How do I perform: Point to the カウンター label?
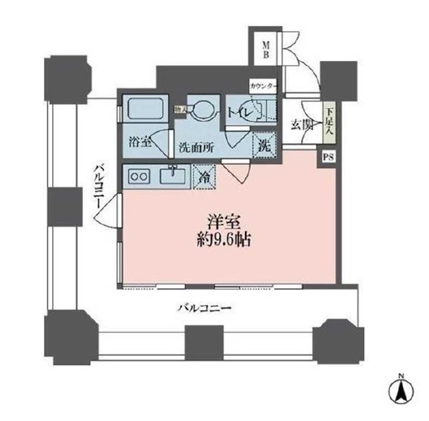coord(263,86)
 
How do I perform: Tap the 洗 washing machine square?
coord(263,145)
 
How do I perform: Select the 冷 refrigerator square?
coord(204,176)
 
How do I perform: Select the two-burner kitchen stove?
coord(139,177)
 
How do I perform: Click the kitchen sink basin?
coord(172,177)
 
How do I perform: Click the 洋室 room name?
coord(223,222)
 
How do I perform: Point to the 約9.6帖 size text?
coord(223,242)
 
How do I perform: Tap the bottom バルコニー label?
coord(205,308)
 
